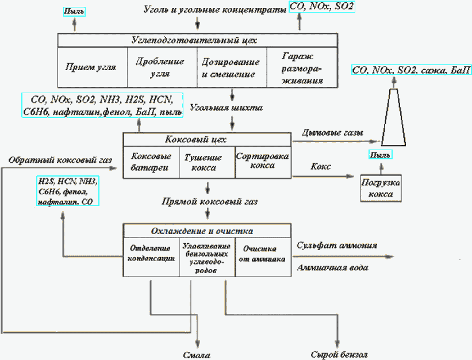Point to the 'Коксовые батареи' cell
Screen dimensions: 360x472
tap(151, 162)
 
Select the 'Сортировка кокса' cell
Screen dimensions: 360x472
tap(262, 161)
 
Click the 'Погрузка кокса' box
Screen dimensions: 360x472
tap(381, 188)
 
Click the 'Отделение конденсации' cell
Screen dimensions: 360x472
tap(151, 254)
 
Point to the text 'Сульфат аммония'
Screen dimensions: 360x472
tap(336, 245)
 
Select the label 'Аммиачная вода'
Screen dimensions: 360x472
tap(333, 268)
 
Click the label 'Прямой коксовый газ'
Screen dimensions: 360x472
tap(209, 202)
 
